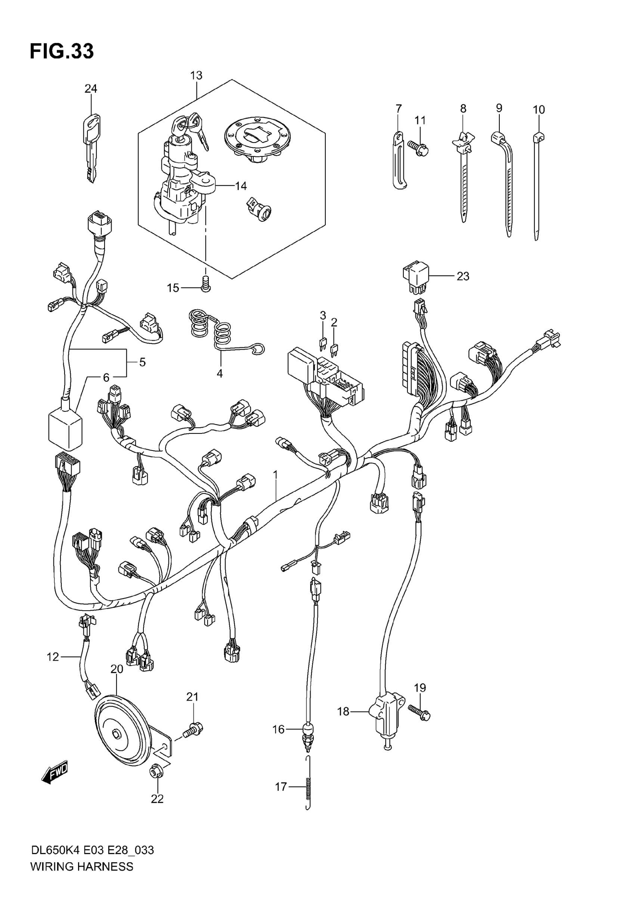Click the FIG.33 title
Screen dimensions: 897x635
click(62, 51)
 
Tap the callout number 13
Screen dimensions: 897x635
click(196, 75)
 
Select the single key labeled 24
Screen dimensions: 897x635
click(91, 146)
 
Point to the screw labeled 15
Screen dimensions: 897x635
click(205, 283)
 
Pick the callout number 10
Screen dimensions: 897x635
click(538, 110)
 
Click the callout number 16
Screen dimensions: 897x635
click(278, 729)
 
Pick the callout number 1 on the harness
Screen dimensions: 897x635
click(275, 474)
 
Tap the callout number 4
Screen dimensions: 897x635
click(220, 374)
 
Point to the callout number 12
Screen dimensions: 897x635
click(52, 657)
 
